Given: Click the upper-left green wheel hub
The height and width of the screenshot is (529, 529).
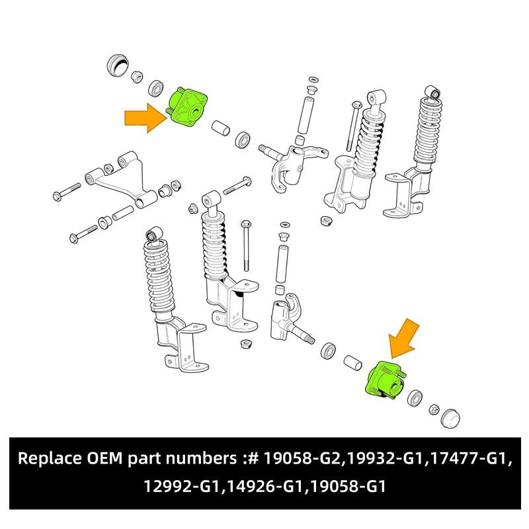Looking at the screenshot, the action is coord(186,107).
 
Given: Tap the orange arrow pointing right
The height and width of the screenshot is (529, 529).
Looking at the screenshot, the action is coord(145,118).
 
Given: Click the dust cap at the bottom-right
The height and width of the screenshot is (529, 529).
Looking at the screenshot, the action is coord(450,419).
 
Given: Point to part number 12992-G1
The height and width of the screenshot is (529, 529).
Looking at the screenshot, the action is coord(183,486).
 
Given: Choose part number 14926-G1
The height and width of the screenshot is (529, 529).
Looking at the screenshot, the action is coord(264,486).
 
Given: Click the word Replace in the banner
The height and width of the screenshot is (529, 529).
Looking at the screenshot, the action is coord(50,458).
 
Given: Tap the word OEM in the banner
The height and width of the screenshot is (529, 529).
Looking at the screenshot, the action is coord(104,458).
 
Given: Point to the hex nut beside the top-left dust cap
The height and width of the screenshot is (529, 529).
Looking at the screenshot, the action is coord(136,77).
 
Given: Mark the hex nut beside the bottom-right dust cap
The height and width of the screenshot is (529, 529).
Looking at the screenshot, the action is coord(434,409).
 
